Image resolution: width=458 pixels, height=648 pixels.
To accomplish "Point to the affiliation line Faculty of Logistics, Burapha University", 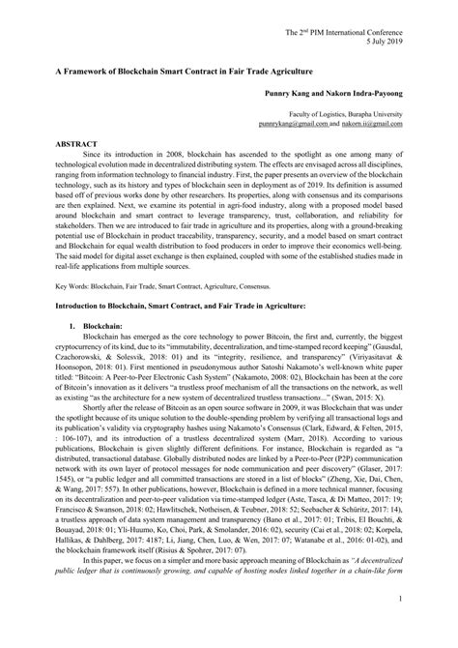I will (357, 116).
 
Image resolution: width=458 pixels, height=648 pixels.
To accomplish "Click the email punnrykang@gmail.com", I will (293, 125).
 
